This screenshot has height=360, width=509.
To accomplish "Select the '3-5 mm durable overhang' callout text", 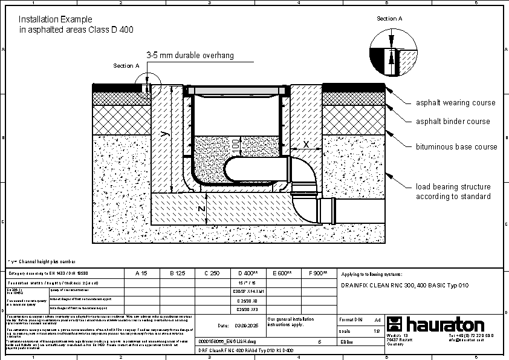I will coord(190,55).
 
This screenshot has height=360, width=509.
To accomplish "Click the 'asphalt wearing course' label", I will coord(455,103).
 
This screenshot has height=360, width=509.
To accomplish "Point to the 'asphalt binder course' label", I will coord(453,122).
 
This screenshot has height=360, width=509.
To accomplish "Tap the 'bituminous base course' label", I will coord(456,147).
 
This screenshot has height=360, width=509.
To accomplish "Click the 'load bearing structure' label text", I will coord(453,187).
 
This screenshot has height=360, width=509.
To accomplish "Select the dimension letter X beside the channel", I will coord(306,145).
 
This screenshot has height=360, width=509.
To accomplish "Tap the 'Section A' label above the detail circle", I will coord(389,19).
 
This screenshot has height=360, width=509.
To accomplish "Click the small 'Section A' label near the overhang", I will coord(126,65).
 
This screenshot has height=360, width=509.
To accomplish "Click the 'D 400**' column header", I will coord(248,273).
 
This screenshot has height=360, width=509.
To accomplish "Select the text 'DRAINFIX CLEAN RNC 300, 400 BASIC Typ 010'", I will coord(404,285).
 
